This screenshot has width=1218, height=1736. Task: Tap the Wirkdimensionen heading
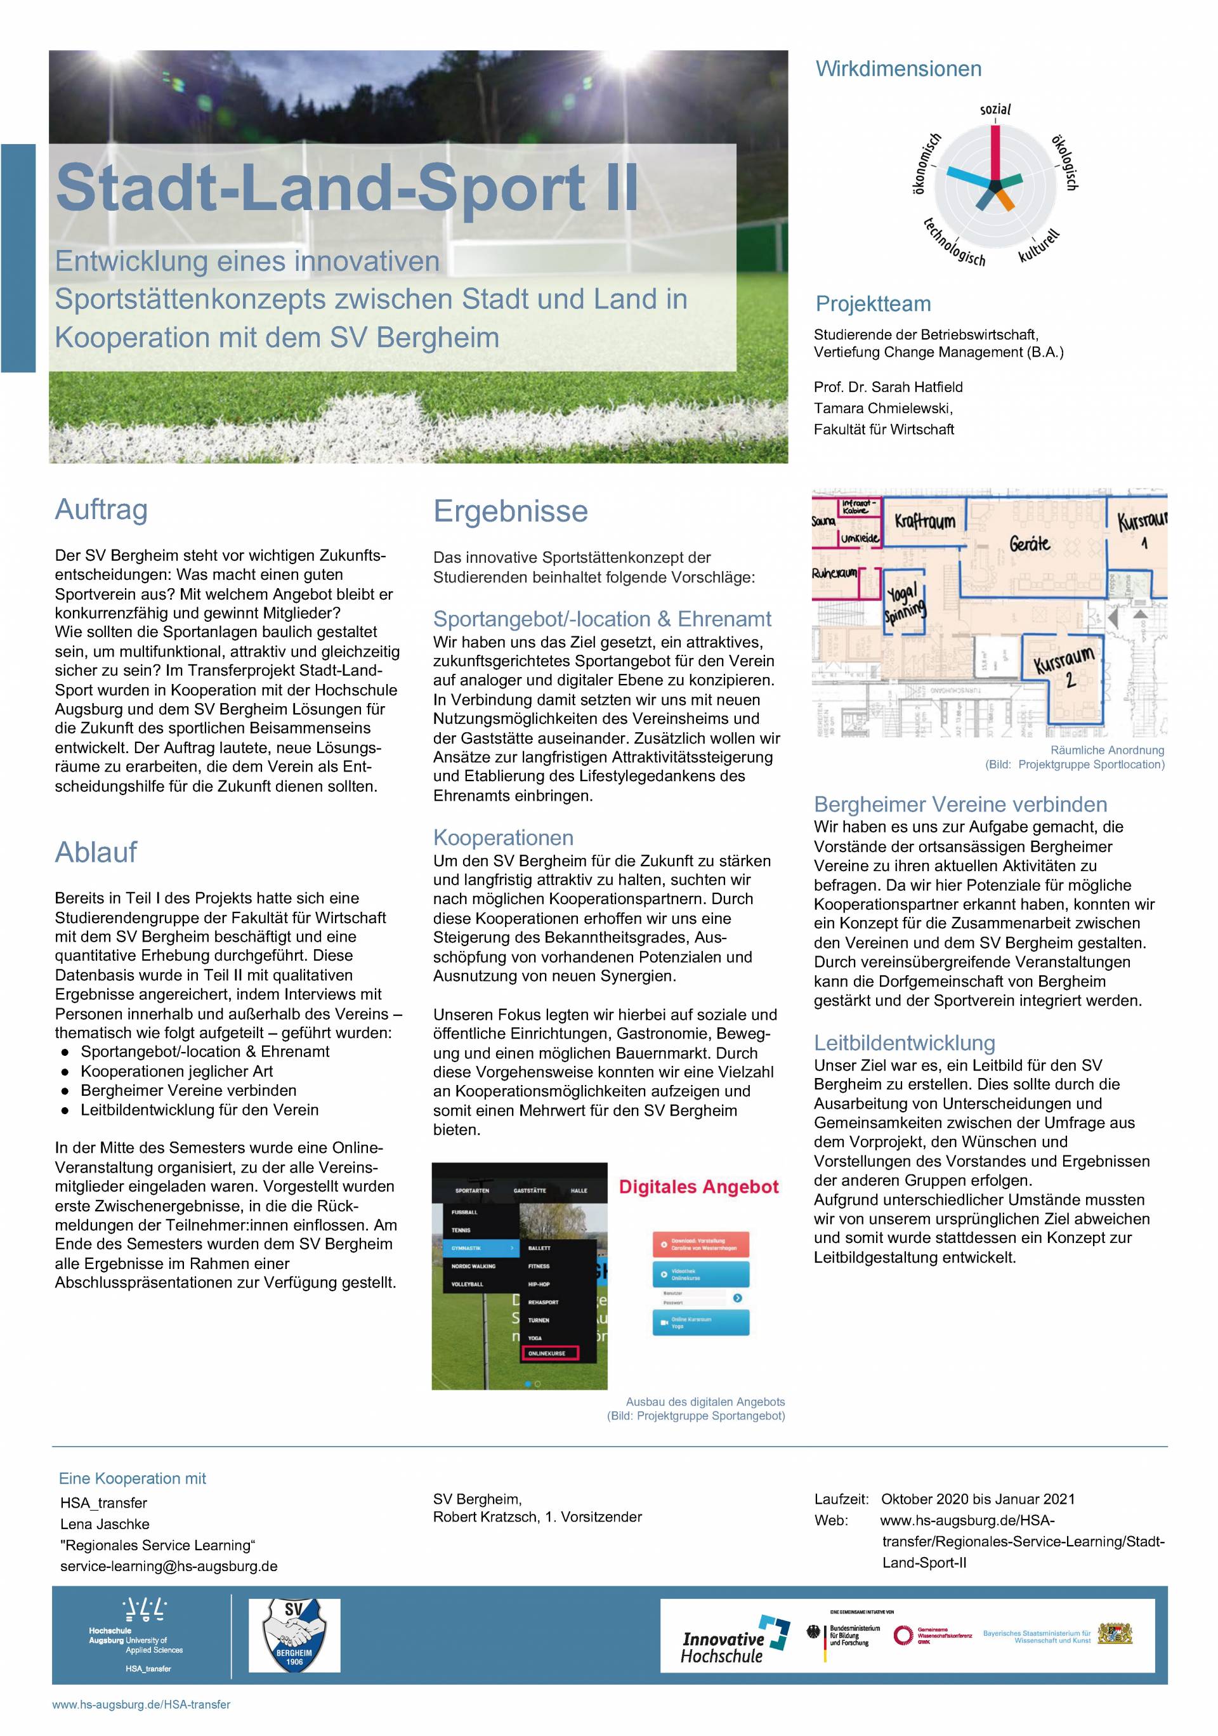pos(898,69)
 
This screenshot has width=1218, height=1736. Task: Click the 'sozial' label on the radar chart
pos(995,110)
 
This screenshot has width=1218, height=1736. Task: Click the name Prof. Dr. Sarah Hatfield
pos(887,387)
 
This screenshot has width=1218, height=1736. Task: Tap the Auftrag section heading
pos(101,510)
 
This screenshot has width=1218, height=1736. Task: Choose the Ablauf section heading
pos(96,852)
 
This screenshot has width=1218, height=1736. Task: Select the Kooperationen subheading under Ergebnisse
pos(503,838)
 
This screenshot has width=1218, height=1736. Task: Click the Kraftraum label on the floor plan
pos(925,521)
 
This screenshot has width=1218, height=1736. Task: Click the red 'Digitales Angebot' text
pos(698,1187)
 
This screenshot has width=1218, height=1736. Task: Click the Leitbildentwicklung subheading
pos(904,1043)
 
